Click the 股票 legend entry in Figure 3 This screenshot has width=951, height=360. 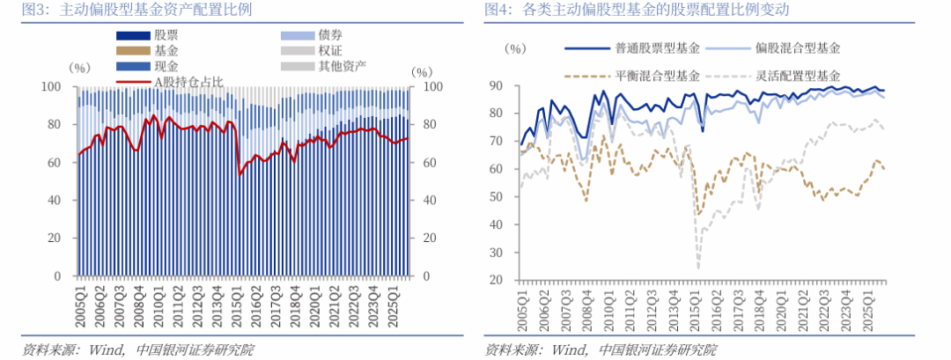[x=166, y=36]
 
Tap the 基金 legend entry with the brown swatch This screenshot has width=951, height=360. [x=166, y=51]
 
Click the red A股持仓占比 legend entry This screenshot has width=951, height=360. [x=188, y=82]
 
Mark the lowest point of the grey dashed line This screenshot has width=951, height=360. [x=699, y=268]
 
